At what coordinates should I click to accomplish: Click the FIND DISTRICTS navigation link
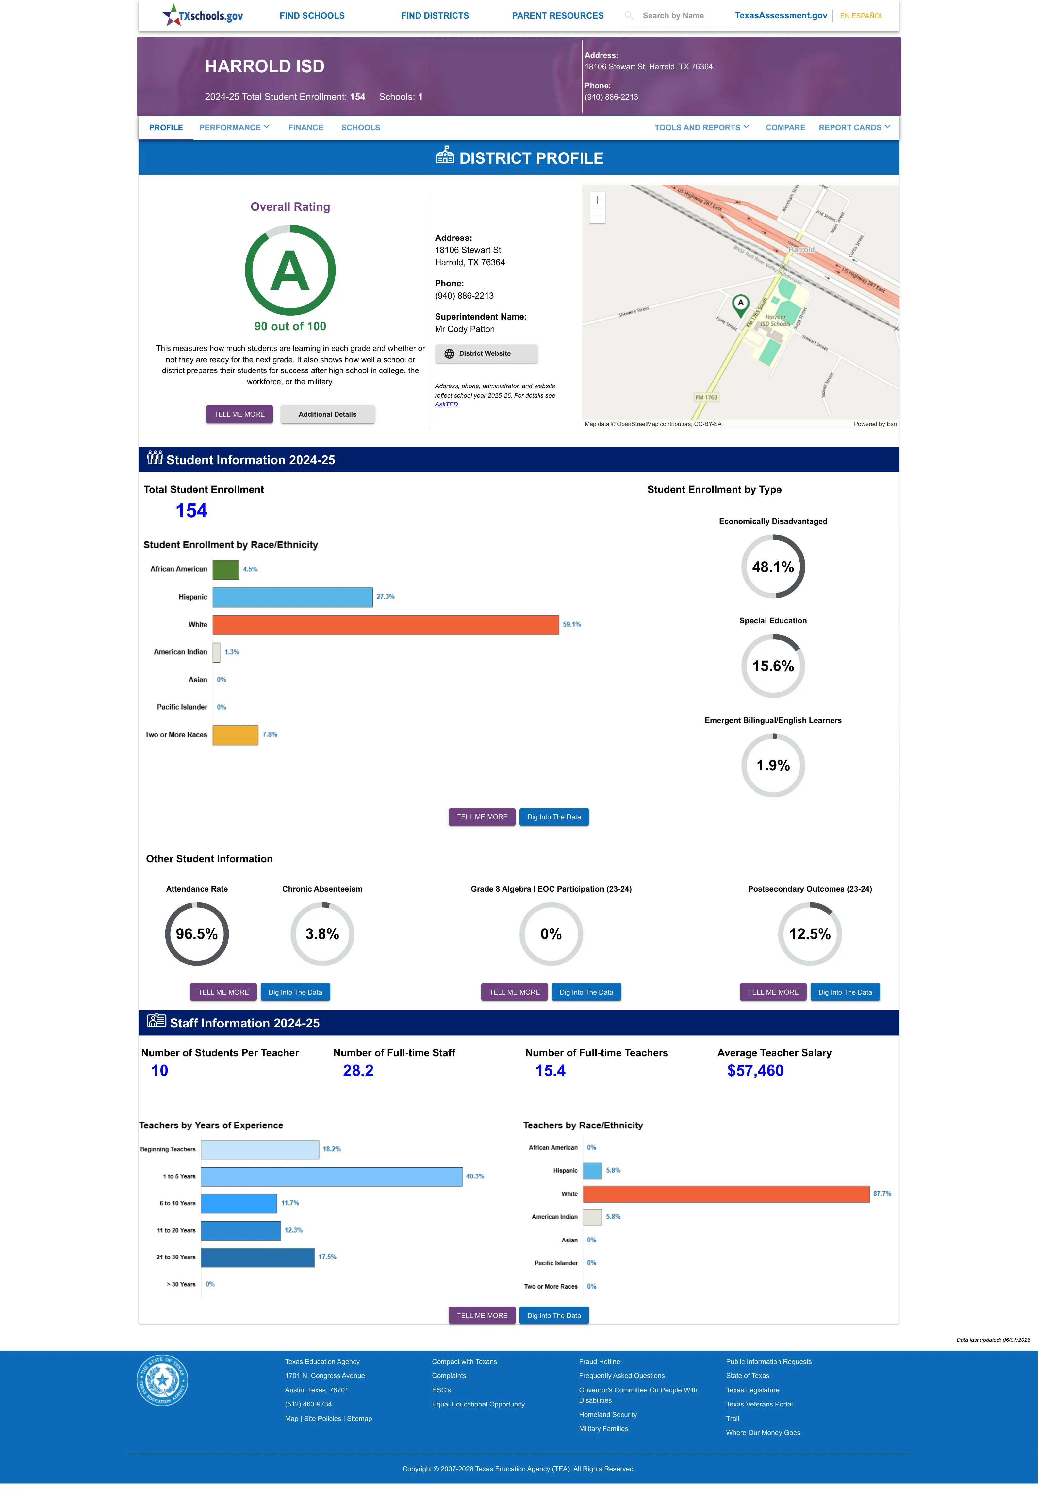click(435, 16)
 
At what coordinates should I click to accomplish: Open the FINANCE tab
click(306, 127)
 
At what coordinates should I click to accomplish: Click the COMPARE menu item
click(785, 127)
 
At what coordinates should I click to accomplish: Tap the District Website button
click(486, 354)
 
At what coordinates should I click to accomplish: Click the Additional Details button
click(327, 414)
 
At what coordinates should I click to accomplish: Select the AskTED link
click(446, 404)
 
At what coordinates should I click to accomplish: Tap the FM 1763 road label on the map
click(706, 397)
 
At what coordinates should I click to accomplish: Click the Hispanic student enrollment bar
click(293, 597)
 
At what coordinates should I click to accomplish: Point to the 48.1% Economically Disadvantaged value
click(773, 567)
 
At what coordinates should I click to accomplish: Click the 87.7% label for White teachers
click(882, 1194)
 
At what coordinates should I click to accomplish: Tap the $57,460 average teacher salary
click(755, 1071)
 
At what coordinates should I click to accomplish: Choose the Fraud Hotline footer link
click(599, 1361)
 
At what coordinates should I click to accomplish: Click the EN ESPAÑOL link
click(861, 16)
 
